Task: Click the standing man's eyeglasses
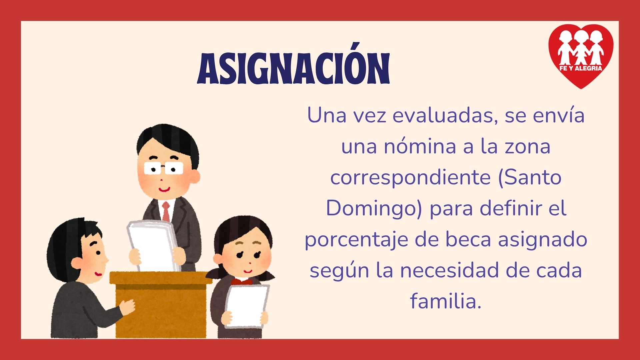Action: point(164,168)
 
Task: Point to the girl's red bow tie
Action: point(242,282)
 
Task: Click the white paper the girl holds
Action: point(247,306)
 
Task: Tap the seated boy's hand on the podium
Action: point(127,307)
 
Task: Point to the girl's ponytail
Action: point(216,273)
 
